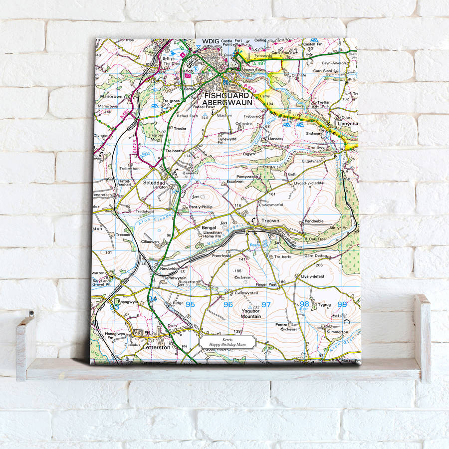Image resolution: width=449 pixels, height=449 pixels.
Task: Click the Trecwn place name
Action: [x=267, y=221]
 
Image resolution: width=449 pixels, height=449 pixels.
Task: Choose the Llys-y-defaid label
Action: [x=312, y=276]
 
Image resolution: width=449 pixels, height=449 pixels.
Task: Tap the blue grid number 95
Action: [x=190, y=304]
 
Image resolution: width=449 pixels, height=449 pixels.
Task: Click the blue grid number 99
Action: [x=342, y=304]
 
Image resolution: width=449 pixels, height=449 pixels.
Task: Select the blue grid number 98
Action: [x=304, y=304]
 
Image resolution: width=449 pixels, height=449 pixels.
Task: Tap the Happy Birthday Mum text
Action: [x=227, y=345]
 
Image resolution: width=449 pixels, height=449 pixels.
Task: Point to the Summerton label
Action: [x=337, y=332]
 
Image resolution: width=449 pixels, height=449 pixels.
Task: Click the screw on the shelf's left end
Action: [x=31, y=315]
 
